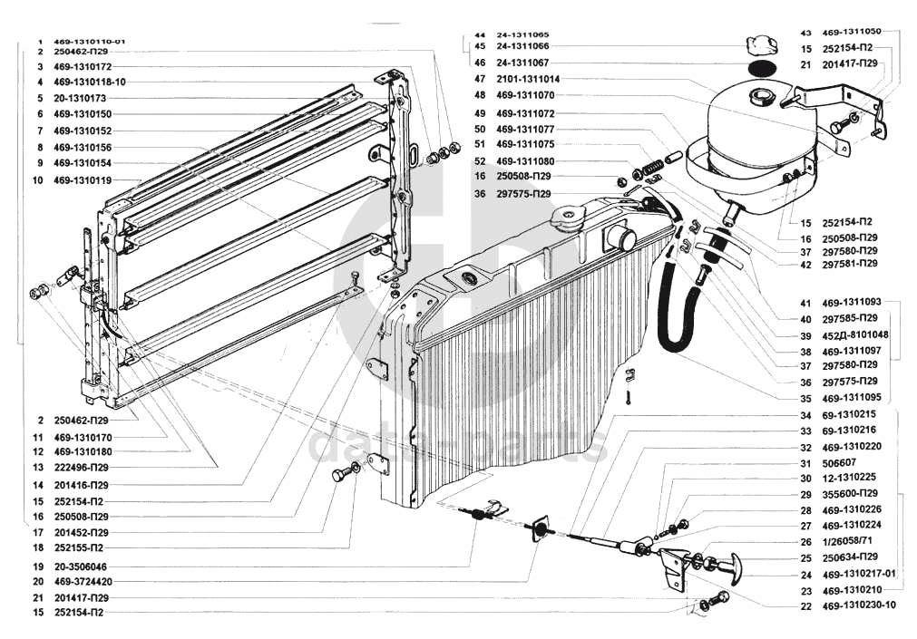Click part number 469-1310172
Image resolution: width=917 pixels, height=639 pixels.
point(82,66)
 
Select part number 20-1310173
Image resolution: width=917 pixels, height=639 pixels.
point(80,98)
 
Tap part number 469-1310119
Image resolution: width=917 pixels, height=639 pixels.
point(82,180)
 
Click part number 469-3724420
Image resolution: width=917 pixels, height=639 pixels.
point(82,581)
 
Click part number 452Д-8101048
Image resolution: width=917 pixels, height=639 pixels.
point(854,334)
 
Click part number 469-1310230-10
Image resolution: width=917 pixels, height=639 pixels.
point(858,605)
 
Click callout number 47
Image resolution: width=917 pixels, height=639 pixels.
point(480,79)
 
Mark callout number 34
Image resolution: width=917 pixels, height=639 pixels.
point(805,414)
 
